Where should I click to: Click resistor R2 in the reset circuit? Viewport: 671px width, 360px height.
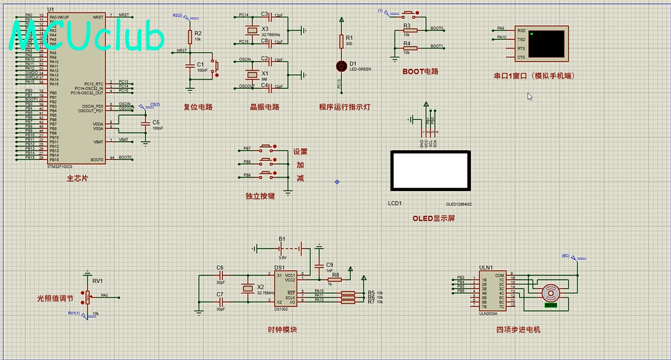click(x=190, y=36)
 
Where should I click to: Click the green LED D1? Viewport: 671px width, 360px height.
click(x=341, y=65)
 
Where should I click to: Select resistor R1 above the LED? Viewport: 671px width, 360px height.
click(x=341, y=40)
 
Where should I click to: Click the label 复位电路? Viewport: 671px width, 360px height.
click(x=198, y=107)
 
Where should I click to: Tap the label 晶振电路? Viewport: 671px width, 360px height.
click(x=264, y=107)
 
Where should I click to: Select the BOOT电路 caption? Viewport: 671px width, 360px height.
click(x=420, y=72)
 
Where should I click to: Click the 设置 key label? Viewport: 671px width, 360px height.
click(x=300, y=152)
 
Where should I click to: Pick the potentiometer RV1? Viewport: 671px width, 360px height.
click(x=87, y=296)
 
